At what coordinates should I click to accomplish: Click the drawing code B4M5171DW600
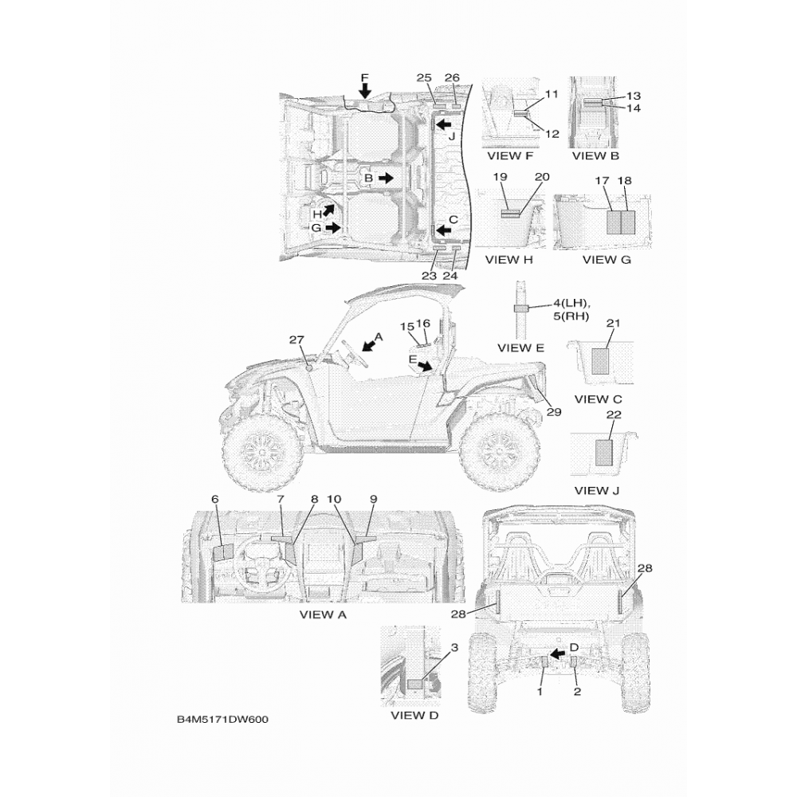[222, 719]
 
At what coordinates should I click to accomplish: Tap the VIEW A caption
[323, 614]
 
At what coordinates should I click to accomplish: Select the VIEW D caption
[414, 715]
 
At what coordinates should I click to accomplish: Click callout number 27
[296, 340]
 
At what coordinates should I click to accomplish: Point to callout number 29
[554, 412]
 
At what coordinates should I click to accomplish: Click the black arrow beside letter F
[365, 92]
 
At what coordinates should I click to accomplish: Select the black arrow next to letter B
[385, 178]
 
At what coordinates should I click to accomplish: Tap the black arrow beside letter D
[558, 654]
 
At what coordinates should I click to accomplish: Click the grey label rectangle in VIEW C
[600, 361]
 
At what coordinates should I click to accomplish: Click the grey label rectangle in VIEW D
[416, 683]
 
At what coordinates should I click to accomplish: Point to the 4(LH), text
[571, 304]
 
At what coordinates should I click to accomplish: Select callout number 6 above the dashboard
[215, 499]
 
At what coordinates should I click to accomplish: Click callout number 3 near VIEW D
[454, 647]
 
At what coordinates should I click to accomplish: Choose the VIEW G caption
[607, 260]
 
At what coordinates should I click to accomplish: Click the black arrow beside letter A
[370, 345]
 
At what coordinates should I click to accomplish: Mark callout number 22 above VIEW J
[614, 414]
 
